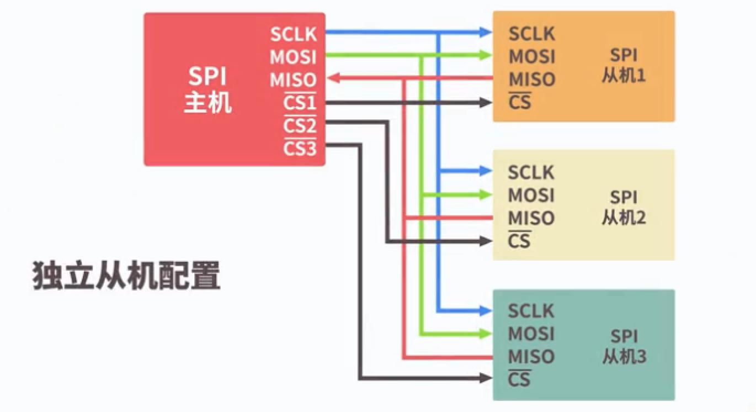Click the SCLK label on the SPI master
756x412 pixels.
[x=294, y=34]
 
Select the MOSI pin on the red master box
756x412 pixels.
[x=293, y=57]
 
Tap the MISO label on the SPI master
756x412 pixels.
[x=293, y=80]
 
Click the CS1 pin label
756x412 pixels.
[x=300, y=103]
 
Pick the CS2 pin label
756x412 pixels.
[x=300, y=126]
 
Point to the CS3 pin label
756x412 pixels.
[x=300, y=149]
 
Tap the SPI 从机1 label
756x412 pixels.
[x=624, y=66]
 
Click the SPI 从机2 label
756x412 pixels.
[x=624, y=208]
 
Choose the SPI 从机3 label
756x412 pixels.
[x=624, y=347]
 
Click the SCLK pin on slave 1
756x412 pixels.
[x=531, y=34]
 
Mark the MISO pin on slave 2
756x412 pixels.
[x=531, y=218]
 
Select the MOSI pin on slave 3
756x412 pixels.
[x=531, y=334]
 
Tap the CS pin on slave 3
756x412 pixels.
[x=519, y=379]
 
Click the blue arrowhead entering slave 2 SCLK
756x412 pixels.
[x=486, y=171]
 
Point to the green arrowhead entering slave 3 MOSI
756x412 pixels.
[x=486, y=334]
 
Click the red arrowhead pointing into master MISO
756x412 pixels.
[x=332, y=79]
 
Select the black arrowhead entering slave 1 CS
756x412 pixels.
[x=486, y=102]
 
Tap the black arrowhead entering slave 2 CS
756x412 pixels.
[x=486, y=241]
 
